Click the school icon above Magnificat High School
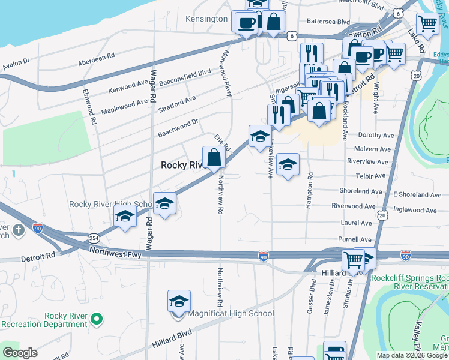pyautogui.click(x=179, y=301)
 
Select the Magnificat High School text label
pyautogui.click(x=231, y=313)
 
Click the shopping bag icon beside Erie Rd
pyautogui.click(x=214, y=158)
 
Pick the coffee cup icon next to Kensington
pyautogui.click(x=246, y=23)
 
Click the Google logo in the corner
pyautogui.click(x=20, y=353)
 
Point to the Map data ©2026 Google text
pyautogui.click(x=412, y=355)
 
